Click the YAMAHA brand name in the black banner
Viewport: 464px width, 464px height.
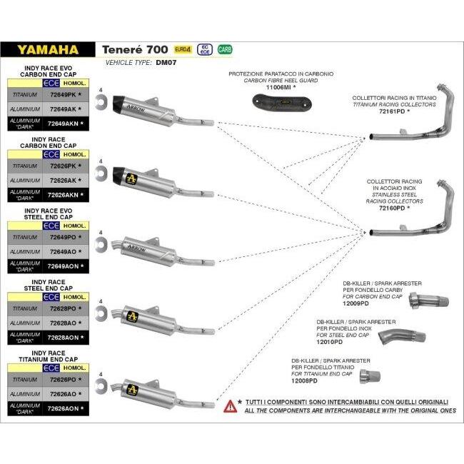point(48,50)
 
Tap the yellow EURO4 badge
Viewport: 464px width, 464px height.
point(183,49)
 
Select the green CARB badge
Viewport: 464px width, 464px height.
point(225,49)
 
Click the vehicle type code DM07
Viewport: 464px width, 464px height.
point(166,62)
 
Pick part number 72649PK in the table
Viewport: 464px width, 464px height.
point(63,95)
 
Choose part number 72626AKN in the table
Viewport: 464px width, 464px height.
point(63,195)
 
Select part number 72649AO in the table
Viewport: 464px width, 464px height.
point(63,252)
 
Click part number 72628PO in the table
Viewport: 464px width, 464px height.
point(63,308)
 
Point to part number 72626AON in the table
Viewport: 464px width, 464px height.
point(63,408)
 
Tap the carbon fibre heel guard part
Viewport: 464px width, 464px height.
point(281,103)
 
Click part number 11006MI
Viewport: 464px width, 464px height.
point(278,87)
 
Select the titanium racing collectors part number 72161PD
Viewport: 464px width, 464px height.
point(392,111)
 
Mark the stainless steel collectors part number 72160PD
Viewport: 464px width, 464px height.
point(392,208)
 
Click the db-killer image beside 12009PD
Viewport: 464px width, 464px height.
point(429,301)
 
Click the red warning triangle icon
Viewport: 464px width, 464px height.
point(231,406)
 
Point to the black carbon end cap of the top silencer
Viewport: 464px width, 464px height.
point(121,104)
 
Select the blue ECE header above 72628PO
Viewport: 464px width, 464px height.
point(51,297)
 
